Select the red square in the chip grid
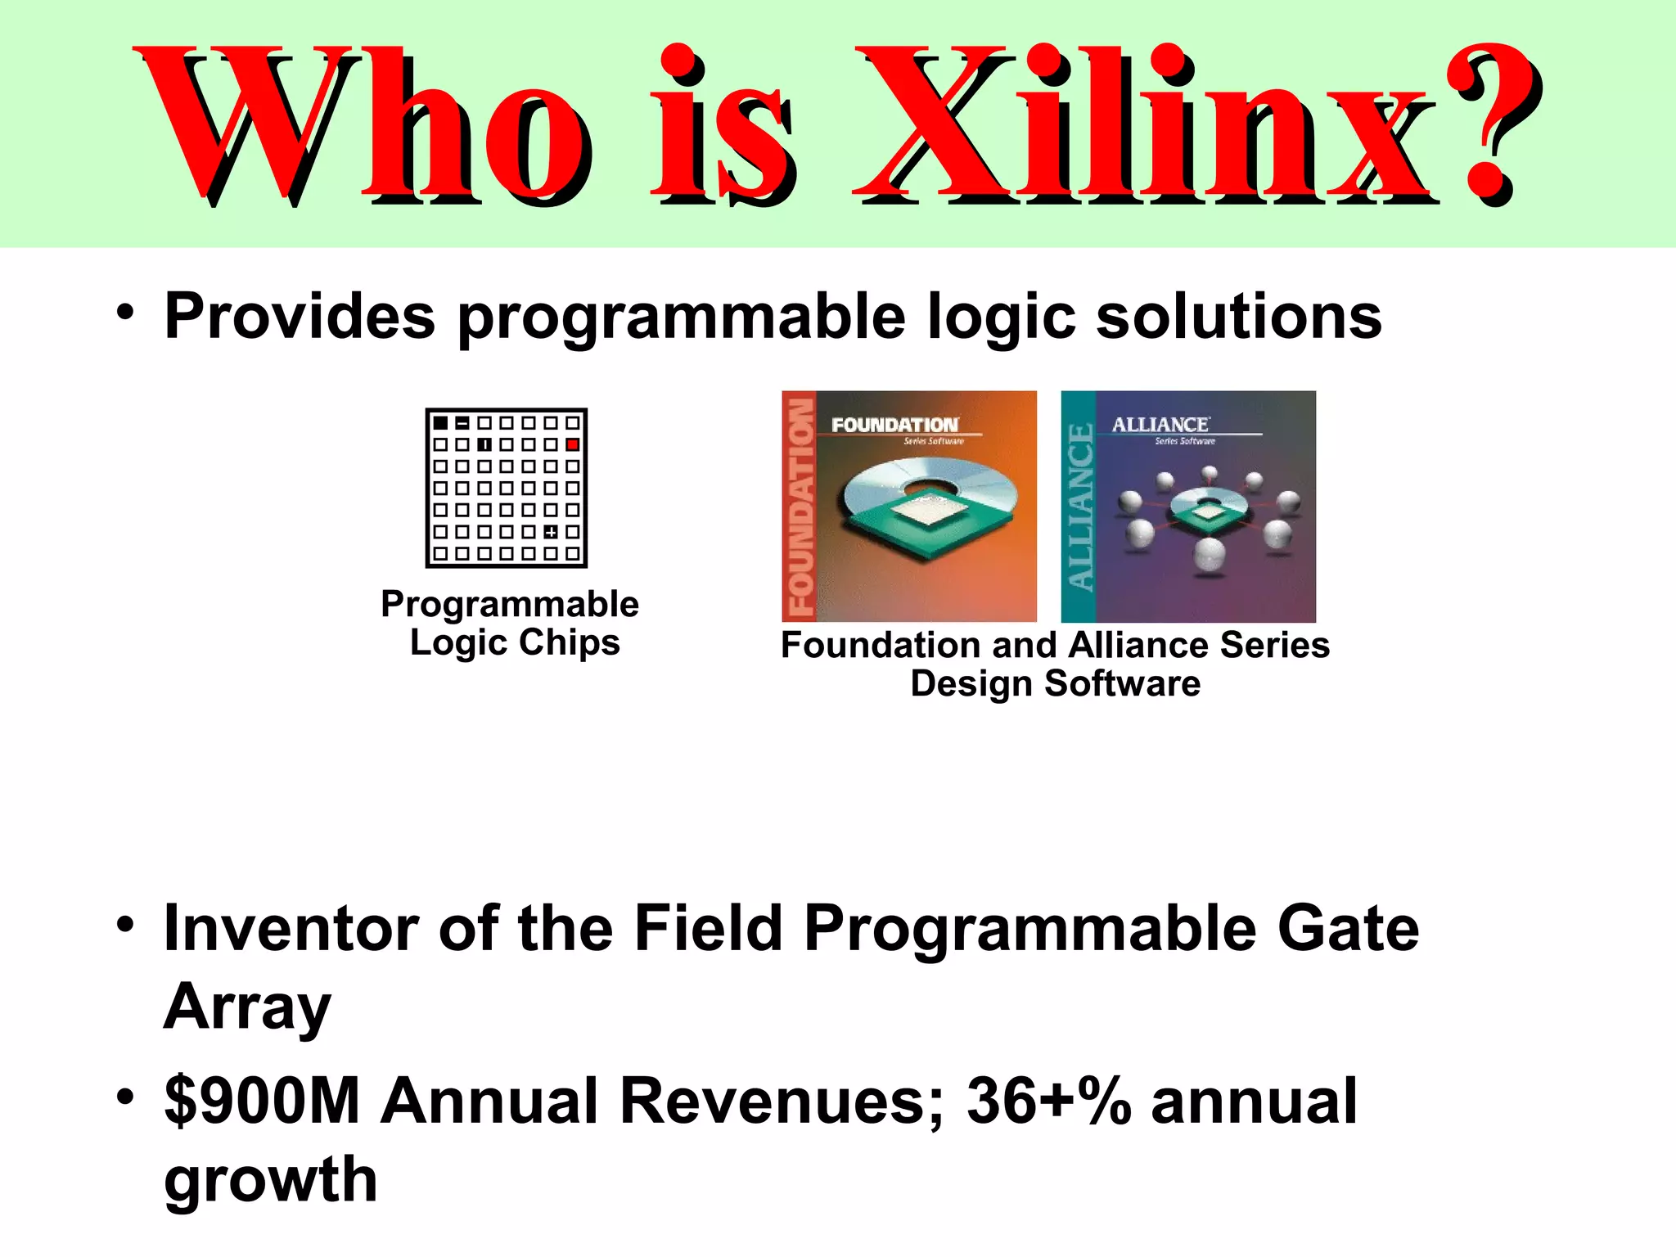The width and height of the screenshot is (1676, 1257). click(573, 444)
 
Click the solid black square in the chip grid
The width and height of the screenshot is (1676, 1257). click(440, 423)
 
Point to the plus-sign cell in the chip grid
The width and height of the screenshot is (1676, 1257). click(551, 532)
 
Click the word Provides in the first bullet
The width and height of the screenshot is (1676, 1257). click(300, 317)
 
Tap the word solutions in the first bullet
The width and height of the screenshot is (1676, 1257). click(1238, 317)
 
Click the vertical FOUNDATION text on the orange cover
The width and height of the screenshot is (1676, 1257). click(800, 507)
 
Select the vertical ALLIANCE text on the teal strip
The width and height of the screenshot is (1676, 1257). click(1079, 507)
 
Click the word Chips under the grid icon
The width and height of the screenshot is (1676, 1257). click(569, 642)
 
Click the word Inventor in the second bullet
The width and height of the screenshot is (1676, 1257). click(291, 929)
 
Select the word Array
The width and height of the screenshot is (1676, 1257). click(247, 1008)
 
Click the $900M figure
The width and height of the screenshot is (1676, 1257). click(262, 1102)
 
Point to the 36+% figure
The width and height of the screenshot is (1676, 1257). click(1049, 1102)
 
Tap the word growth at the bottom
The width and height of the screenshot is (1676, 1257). click(271, 1181)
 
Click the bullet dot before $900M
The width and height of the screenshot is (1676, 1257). click(124, 1097)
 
